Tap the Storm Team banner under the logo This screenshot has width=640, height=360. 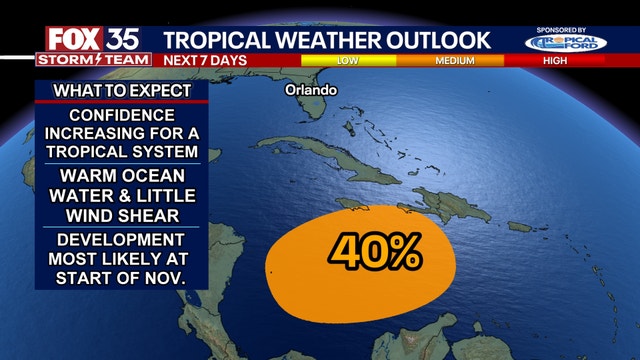tap(93, 60)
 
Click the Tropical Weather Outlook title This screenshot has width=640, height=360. tap(327, 40)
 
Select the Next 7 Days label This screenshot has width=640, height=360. tap(206, 60)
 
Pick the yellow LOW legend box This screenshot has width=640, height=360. tap(348, 60)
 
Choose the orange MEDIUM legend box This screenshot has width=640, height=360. tap(455, 60)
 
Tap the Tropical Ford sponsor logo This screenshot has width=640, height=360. tap(566, 44)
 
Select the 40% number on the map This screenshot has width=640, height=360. tap(375, 253)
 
